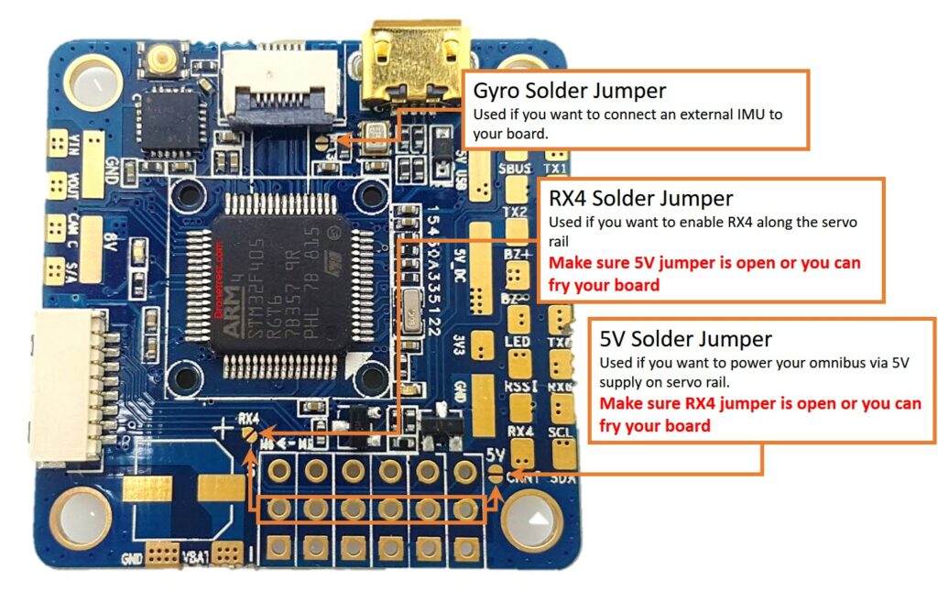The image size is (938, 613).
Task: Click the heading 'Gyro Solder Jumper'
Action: tap(569, 91)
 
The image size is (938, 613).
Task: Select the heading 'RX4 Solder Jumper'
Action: tap(640, 198)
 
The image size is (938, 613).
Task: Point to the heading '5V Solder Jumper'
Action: tap(685, 338)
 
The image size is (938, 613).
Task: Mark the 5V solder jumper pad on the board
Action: tap(496, 473)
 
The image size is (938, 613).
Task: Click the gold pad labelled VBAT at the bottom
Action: tap(229, 553)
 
